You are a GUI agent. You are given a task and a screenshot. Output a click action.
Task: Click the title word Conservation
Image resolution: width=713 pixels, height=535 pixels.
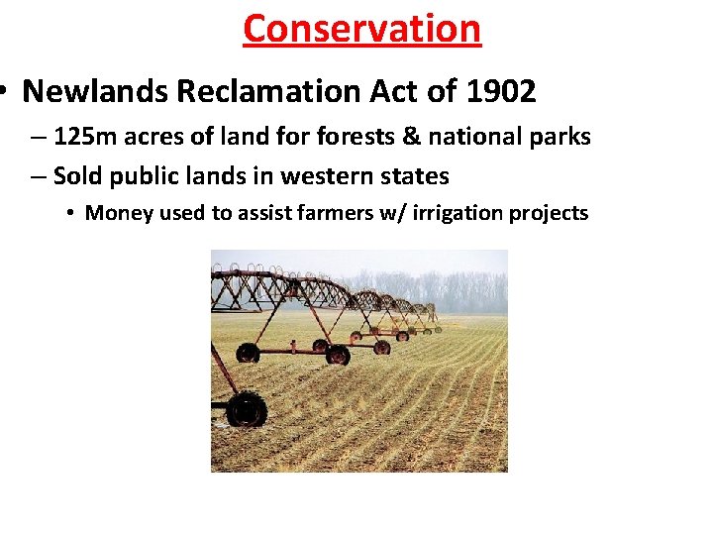pyautogui.click(x=361, y=28)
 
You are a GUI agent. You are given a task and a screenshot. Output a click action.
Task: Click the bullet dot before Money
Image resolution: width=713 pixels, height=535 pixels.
pyautogui.click(x=71, y=213)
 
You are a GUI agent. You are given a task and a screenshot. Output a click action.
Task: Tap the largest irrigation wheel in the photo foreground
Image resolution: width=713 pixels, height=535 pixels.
pyautogui.click(x=246, y=408)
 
